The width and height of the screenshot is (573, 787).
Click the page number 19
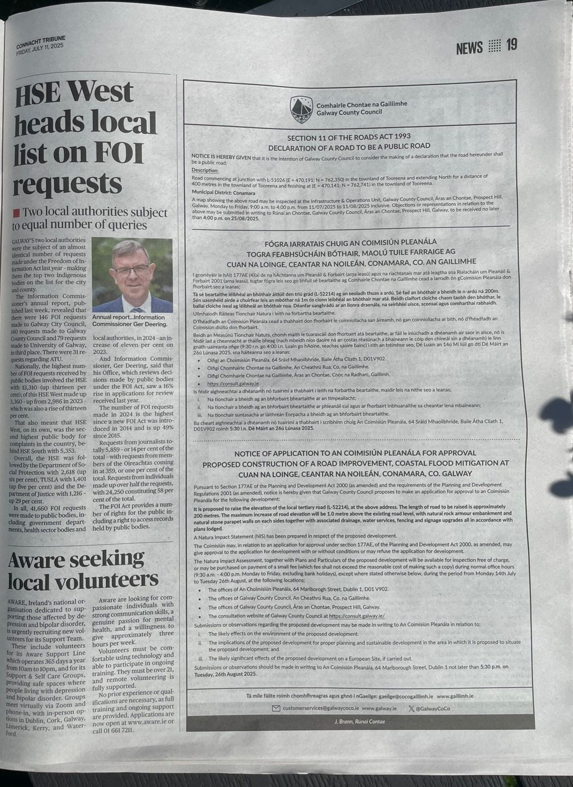(511, 45)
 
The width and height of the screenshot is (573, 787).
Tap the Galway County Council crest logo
(301, 109)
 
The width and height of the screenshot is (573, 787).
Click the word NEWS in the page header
(469, 47)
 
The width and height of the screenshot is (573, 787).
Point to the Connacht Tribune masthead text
(40, 41)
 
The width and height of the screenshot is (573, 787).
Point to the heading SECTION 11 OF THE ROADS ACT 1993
(349, 137)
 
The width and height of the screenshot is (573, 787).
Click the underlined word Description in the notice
(204, 170)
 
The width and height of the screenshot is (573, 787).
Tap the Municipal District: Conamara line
(223, 192)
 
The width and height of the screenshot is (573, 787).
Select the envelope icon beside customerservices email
(276, 708)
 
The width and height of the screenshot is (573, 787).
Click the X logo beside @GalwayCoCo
(411, 708)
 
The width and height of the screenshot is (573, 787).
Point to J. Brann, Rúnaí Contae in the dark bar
(360, 722)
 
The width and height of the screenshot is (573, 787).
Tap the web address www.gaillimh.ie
(455, 696)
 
